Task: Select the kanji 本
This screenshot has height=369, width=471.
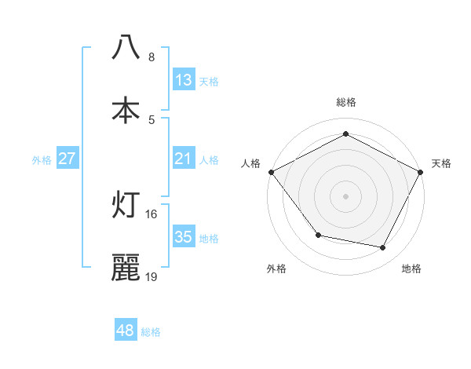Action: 126,110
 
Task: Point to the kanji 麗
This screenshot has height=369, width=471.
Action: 126,268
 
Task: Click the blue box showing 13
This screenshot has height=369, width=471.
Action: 183,80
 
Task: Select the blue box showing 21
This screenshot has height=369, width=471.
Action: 183,159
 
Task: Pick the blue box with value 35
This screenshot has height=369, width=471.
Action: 183,237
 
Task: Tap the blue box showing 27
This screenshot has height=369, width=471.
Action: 67,159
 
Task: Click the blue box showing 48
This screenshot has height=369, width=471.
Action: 125,331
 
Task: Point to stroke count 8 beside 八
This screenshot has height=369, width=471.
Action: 152,57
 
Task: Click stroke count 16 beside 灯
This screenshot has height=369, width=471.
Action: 152,214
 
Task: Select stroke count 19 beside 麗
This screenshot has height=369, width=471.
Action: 152,276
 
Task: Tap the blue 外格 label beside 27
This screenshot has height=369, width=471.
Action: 42,159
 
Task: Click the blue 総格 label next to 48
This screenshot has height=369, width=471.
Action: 151,331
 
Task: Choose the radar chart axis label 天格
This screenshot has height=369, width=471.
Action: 441,163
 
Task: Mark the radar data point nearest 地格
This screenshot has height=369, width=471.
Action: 383,248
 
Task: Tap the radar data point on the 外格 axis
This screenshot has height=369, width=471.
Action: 318,235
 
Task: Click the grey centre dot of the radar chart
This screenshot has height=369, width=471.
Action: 345,195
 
